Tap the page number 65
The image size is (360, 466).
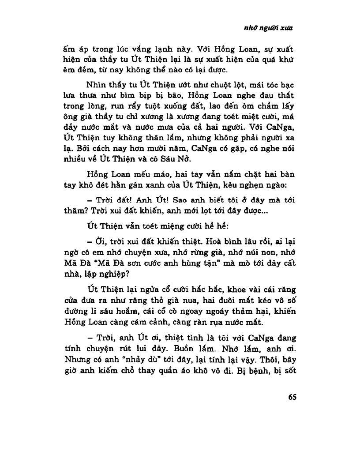pyautogui.click(x=292, y=396)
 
